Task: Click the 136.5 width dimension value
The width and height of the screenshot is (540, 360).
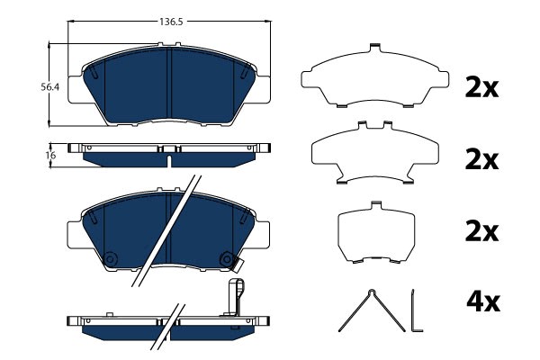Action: [171, 22]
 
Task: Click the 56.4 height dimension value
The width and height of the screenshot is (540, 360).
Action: [49, 87]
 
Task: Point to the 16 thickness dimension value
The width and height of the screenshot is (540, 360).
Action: [50, 156]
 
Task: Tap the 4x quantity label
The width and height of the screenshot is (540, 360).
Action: [482, 302]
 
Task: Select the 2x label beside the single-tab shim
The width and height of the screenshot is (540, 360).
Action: [481, 88]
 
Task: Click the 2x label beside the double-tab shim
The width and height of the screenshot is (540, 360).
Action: [481, 160]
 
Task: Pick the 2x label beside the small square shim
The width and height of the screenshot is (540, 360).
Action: [481, 232]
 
